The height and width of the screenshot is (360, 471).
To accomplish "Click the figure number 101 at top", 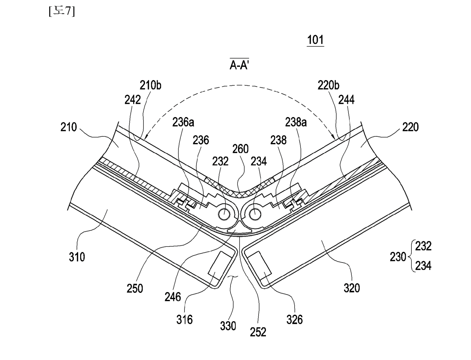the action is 315,40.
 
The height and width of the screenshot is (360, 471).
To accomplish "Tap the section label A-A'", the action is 239,64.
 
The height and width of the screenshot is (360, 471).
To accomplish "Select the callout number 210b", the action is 150,86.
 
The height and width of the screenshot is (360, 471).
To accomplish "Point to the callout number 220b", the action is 329,86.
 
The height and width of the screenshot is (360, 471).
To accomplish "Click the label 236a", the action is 183,122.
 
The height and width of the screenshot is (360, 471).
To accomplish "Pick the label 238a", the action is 296,122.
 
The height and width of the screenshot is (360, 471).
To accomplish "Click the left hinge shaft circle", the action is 224,214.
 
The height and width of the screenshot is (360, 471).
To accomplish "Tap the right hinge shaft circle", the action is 255,214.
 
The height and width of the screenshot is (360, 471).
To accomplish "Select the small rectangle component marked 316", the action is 220,264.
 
